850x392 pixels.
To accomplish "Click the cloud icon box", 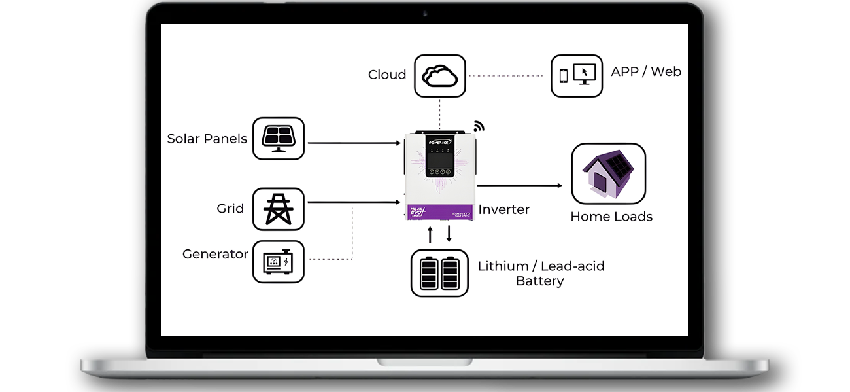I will tap(439, 76).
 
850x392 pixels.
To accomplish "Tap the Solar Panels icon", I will tap(279, 139).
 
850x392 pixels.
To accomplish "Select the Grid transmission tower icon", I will tap(279, 209).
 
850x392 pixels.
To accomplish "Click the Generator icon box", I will tap(279, 261).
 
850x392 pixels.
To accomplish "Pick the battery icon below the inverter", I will tap(439, 273).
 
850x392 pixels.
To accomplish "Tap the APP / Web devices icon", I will tap(576, 76).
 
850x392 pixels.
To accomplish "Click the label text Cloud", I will tap(387, 75).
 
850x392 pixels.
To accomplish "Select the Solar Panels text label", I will tap(207, 139).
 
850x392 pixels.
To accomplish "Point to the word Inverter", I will tap(503, 210).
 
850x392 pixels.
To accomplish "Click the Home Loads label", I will tap(611, 217).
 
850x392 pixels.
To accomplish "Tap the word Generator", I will tap(215, 254).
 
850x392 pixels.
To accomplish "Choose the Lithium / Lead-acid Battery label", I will tap(541, 274).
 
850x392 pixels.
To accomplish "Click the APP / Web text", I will tap(645, 71).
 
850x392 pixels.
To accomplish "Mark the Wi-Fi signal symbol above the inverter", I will tap(479, 126).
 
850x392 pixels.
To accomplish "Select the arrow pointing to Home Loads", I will tap(520, 186).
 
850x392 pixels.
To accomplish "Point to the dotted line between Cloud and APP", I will tap(507, 76).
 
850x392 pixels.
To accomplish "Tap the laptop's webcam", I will tap(425, 12).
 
